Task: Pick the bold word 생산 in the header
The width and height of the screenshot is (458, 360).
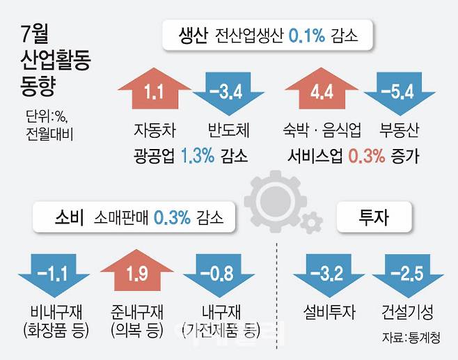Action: click(191, 36)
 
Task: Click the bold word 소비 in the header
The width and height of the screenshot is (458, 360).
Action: click(68, 218)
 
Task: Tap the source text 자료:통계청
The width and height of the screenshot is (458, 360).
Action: click(414, 338)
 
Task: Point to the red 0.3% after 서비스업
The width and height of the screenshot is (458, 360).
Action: click(366, 155)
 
